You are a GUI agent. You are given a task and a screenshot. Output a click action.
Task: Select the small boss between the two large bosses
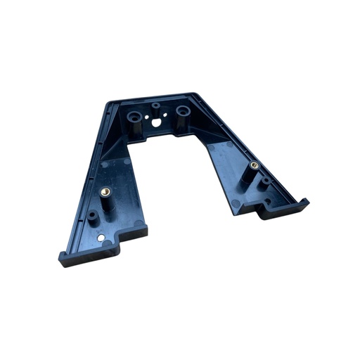[155, 106]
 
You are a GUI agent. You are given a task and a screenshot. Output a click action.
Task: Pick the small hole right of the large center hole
[167, 117]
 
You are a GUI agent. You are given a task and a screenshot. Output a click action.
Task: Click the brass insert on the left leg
[106, 190]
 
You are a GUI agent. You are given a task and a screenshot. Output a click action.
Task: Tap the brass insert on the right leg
[254, 165]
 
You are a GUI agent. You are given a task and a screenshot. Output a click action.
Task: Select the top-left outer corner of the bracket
[108, 104]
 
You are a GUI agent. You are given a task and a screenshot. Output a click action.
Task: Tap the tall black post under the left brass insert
[107, 204]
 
